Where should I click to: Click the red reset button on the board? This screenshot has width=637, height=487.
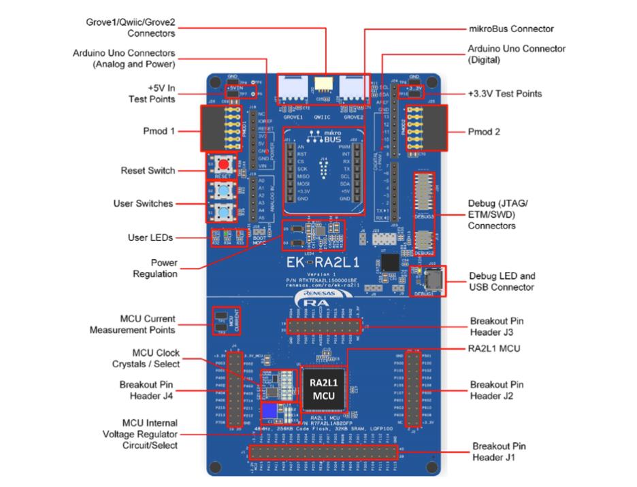point(222,166)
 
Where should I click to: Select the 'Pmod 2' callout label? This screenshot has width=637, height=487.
point(484,132)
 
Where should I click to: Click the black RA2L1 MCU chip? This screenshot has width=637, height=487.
point(323,389)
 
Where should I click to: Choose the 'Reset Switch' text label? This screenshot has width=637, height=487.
point(148,171)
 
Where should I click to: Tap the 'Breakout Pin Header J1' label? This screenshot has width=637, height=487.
point(499,452)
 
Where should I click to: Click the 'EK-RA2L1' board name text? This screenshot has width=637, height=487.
point(324,263)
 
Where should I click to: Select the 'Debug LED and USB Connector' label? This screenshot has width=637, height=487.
point(502,282)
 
